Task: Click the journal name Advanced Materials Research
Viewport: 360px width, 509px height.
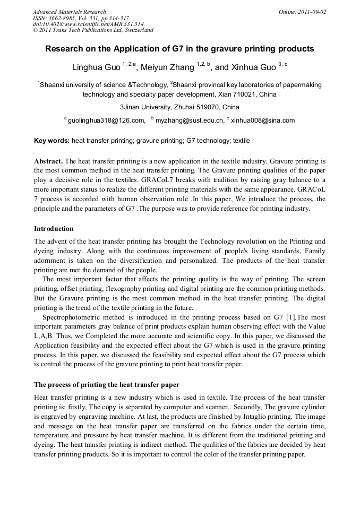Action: point(69,12)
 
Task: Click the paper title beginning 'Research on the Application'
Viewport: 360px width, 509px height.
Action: point(179,49)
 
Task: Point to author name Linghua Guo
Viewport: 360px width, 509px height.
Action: point(96,68)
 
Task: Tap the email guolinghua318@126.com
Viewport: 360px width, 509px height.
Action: point(107,120)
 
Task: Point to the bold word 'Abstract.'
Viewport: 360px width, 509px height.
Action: point(49,161)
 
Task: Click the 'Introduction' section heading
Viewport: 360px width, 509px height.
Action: point(54,229)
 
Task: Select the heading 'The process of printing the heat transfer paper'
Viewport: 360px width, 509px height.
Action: point(107,385)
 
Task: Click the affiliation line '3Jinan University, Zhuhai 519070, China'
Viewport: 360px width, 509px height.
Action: point(179,107)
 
